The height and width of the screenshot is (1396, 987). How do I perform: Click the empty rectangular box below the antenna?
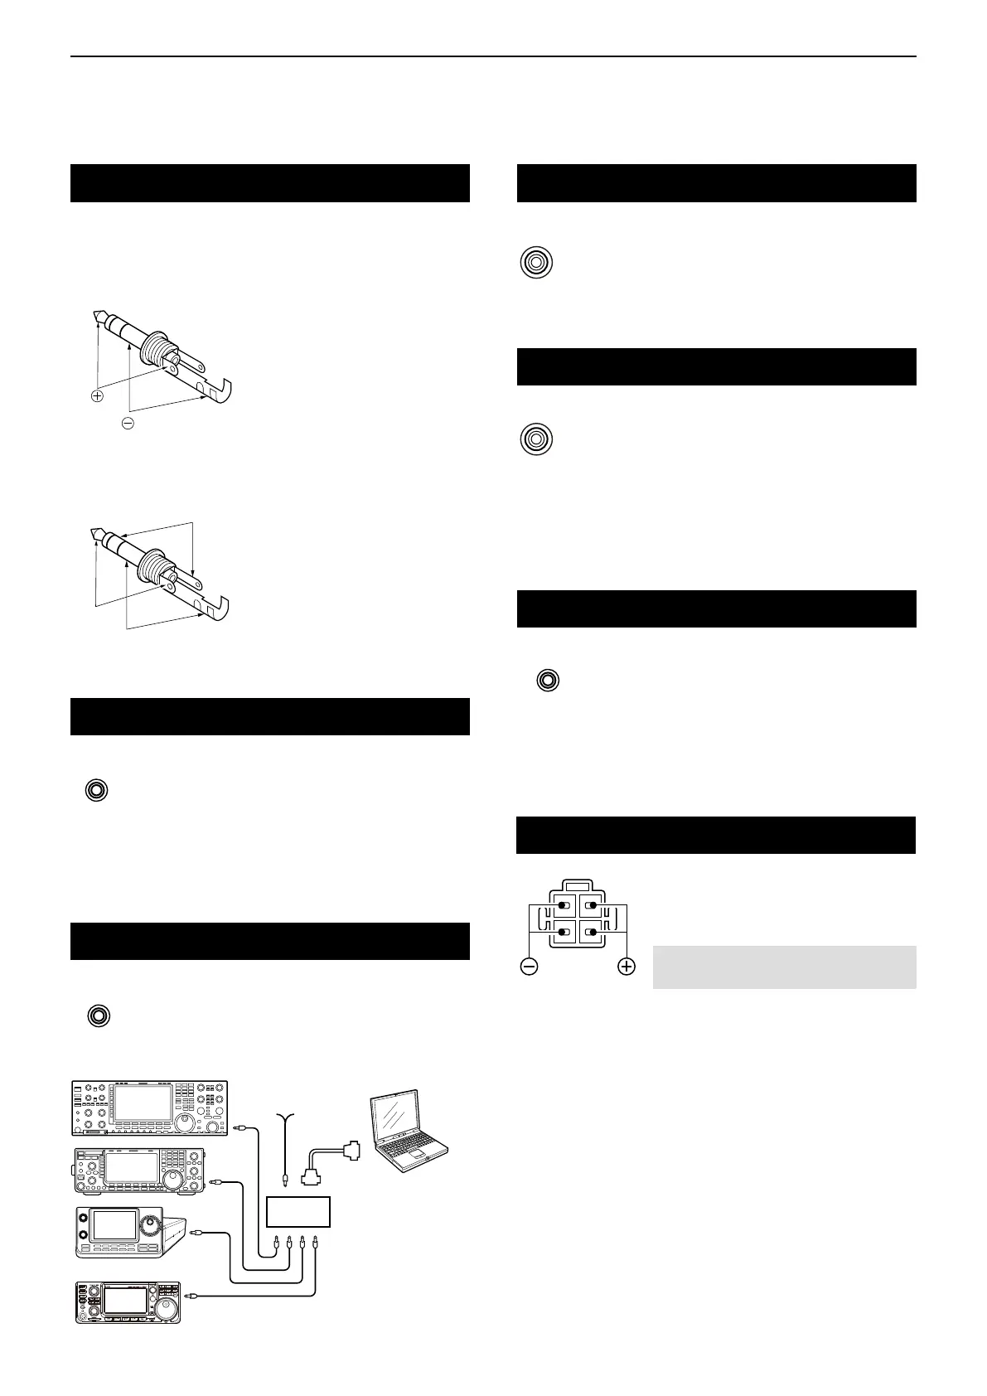coord(298,1212)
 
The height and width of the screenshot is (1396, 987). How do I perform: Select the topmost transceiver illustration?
coord(149,1108)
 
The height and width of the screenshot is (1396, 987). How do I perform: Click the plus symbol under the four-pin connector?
coord(627,966)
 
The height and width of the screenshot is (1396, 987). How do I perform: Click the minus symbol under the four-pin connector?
coord(529,966)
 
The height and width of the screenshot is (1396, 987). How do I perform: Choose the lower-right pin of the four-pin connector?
coord(592,932)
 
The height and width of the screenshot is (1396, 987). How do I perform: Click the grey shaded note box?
coord(784,967)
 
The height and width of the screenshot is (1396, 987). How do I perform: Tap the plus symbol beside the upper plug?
coord(98,396)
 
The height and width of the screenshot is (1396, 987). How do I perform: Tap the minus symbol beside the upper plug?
coord(128,423)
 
